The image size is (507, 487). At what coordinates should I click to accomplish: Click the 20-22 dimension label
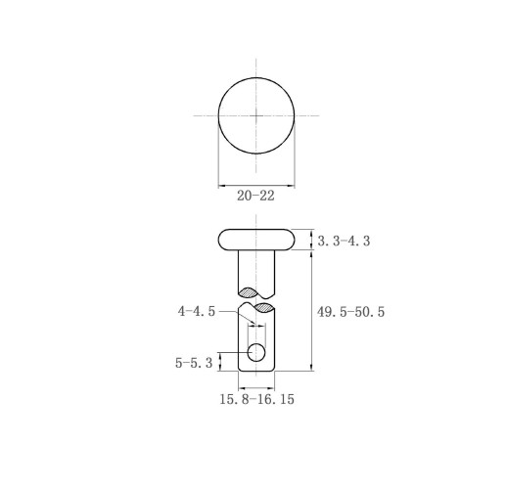click(255, 196)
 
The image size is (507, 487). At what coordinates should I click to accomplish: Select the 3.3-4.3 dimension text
click(344, 242)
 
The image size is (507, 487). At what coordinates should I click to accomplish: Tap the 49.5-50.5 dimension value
click(350, 312)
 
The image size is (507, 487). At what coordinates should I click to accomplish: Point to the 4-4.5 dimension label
click(197, 311)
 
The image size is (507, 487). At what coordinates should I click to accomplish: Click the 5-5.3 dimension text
click(194, 363)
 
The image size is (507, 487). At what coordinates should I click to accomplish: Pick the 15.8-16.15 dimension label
click(256, 399)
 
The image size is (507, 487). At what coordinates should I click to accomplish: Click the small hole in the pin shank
click(256, 352)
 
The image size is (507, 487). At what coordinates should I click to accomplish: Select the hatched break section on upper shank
click(249, 292)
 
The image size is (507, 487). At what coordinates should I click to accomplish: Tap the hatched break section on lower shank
click(263, 307)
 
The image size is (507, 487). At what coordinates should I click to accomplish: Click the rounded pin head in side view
click(256, 240)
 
